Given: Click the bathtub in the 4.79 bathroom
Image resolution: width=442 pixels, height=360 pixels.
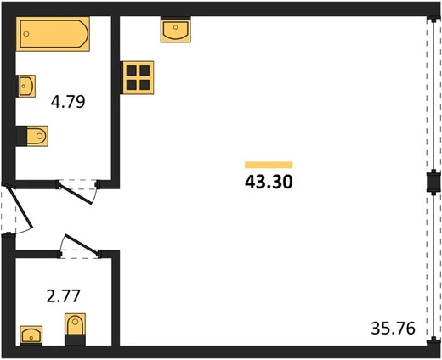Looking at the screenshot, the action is pos(53,34).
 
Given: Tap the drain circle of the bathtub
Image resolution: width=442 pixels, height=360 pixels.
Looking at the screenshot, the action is pos(26,34).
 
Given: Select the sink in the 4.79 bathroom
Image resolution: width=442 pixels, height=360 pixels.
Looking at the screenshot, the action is pos(25,86).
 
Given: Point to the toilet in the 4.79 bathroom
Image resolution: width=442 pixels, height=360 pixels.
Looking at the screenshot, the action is pos(32,136).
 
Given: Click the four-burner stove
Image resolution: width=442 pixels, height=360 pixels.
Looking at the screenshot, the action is pos(138,77).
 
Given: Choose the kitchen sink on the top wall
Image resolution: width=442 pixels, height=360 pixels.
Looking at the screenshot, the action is pos(176,30).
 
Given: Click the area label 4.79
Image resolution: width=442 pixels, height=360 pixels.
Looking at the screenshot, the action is pos(68,102).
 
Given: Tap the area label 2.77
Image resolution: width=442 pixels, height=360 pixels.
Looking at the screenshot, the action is pos(64,296).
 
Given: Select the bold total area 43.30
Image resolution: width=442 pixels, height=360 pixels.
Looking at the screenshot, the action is pos(269,182).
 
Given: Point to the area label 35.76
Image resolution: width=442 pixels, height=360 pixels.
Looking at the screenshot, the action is pos(394,329).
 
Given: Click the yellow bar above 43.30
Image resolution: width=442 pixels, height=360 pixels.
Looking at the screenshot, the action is pos(269,165).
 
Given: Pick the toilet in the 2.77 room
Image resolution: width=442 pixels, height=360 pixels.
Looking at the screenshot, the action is pos(75,329).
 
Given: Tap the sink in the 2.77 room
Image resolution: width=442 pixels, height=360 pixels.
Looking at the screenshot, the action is pos(31,335).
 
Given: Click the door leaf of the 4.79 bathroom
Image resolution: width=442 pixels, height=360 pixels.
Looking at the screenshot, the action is pos(76,193).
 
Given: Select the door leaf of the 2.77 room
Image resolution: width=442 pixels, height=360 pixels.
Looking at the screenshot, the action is pos(82,244).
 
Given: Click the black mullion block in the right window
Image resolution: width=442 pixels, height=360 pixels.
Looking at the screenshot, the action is pos(433,182).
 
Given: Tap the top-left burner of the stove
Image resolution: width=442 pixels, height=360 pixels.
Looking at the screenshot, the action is pos(131,70).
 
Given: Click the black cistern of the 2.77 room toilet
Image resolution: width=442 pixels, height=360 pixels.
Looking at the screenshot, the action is pos(75,340).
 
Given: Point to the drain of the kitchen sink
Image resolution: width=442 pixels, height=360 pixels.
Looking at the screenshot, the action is pos(176,27).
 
